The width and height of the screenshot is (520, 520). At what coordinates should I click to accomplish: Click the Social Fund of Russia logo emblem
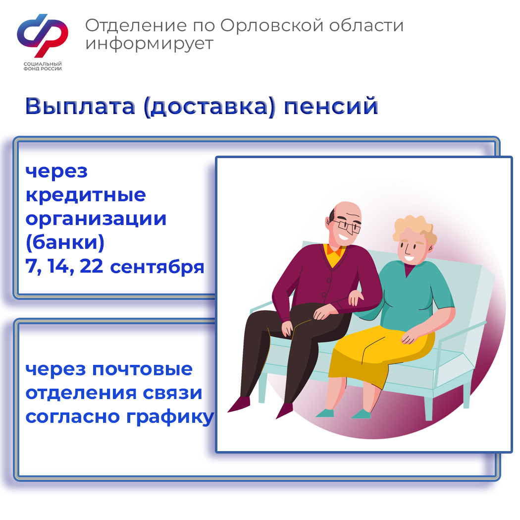click(43, 35)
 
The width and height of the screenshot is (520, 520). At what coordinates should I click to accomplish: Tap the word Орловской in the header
click(272, 26)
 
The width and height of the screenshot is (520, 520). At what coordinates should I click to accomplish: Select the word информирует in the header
click(149, 44)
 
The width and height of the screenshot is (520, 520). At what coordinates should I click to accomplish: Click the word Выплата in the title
click(80, 106)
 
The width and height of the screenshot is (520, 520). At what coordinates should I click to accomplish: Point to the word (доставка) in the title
click(209, 107)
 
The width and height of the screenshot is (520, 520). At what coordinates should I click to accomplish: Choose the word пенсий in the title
click(331, 106)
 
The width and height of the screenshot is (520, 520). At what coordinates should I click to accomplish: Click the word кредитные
click(86, 196)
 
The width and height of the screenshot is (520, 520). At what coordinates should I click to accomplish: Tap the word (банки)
click(65, 242)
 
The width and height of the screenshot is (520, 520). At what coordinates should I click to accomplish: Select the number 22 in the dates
click(91, 266)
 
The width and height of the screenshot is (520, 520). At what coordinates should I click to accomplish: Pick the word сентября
click(157, 268)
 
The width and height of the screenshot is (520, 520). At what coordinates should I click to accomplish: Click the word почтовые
click(142, 369)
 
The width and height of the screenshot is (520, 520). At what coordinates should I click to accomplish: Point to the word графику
click(170, 417)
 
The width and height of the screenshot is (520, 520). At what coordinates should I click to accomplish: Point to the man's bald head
click(347, 211)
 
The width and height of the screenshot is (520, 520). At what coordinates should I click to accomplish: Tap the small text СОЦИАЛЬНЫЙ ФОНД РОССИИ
click(43, 66)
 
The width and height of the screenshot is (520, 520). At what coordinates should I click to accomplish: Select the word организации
click(96, 220)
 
